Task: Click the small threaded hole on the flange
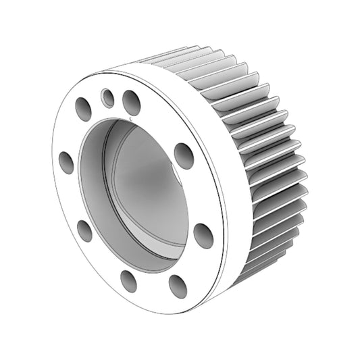107,99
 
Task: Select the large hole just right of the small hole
131,103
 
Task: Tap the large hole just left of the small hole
84,109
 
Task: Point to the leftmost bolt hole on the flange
66,162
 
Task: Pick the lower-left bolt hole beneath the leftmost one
84,230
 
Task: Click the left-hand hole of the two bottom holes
128,280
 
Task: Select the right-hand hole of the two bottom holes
178,286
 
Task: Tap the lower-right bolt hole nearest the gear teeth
203,235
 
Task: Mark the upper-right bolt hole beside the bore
184,155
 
